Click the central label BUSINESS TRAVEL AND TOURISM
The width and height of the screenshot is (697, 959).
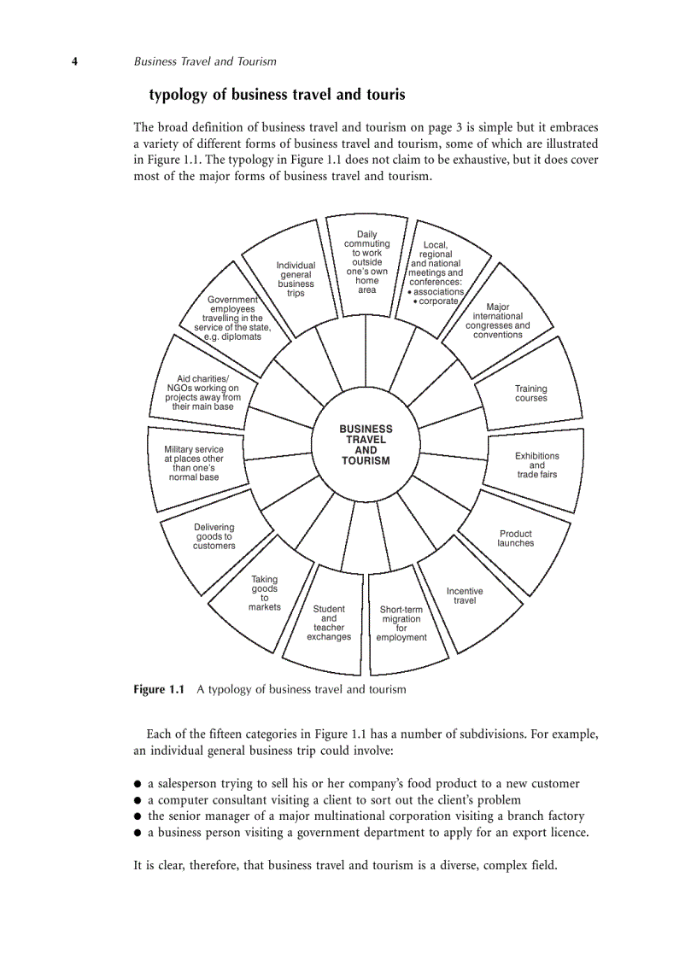click(366, 445)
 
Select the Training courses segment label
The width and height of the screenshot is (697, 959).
click(530, 394)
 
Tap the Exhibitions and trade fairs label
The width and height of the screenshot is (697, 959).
click(536, 465)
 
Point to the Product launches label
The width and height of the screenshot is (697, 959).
click(515, 539)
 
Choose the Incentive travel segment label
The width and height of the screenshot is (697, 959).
click(465, 596)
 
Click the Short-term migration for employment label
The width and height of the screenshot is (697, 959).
click(401, 623)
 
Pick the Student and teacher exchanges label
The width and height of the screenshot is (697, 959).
click(329, 623)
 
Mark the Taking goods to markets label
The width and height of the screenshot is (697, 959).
click(265, 593)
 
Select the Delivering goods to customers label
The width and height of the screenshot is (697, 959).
click(214, 536)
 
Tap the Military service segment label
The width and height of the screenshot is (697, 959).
click(194, 463)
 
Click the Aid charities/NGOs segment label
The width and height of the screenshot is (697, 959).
click(202, 393)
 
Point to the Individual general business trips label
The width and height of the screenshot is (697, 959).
click(296, 279)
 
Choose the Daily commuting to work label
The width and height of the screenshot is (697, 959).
click(366, 262)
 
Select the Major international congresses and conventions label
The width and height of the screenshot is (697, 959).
click(497, 321)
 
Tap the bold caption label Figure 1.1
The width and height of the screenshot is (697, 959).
click(159, 690)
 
